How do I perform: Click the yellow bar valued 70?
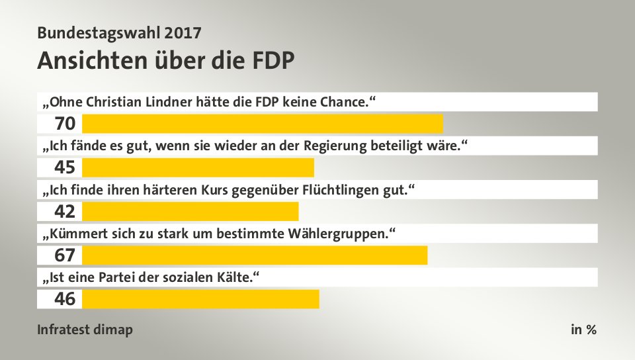(262, 124)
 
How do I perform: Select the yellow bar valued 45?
(198, 167)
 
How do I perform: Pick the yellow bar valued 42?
(190, 211)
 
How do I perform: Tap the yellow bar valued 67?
(255, 255)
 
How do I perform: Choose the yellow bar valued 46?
(200, 299)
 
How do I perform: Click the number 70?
(65, 124)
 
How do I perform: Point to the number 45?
(65, 167)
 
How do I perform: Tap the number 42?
(65, 211)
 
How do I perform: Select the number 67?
(65, 255)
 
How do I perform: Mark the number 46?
(65, 299)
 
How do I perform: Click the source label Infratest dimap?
(85, 330)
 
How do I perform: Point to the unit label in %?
(583, 330)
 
